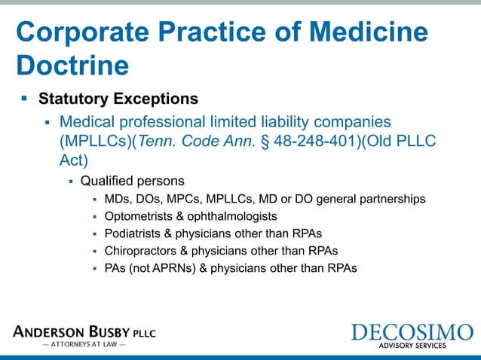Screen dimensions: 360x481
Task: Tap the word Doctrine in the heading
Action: coord(72,66)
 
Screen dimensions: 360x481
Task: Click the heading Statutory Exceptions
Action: coord(118,99)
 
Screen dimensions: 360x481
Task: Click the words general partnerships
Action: coord(370,199)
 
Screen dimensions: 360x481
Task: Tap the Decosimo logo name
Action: coord(412,332)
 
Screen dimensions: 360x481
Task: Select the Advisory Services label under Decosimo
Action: coord(412,346)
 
